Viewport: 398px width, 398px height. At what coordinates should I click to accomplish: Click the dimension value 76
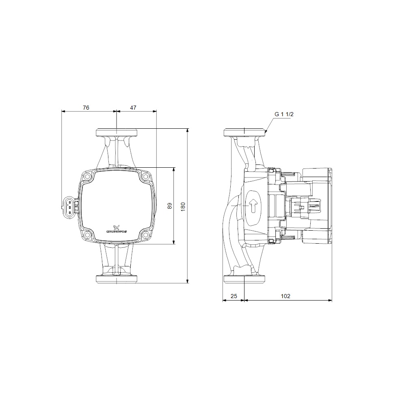(86, 108)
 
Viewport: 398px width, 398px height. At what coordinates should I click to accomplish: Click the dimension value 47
(133, 108)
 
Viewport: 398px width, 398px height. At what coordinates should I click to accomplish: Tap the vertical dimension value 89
(170, 205)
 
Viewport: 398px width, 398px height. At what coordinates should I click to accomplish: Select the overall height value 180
(183, 207)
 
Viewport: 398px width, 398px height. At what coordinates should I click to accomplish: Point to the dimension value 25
(234, 296)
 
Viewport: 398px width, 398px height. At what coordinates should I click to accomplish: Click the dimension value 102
(286, 296)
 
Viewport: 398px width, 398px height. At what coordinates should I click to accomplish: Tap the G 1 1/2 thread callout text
(284, 114)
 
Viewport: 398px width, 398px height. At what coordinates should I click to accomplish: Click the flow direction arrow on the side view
(253, 205)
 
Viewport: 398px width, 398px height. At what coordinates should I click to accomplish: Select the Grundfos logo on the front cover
(117, 229)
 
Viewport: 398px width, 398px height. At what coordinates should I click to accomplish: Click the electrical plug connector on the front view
(69, 207)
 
